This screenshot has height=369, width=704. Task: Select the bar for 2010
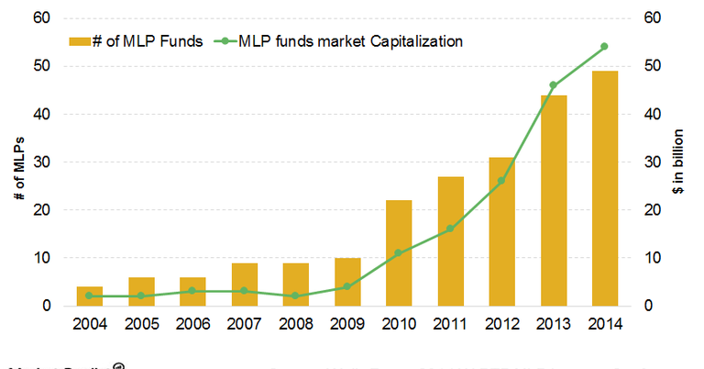click(x=399, y=252)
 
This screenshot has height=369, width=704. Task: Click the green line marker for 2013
click(x=553, y=85)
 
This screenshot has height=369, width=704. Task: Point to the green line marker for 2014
click(x=604, y=46)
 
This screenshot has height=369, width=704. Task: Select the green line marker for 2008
click(x=295, y=296)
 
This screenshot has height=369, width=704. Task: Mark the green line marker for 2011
click(x=450, y=229)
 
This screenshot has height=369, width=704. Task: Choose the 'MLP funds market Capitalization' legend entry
click(x=349, y=40)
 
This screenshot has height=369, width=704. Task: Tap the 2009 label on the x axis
click(x=346, y=324)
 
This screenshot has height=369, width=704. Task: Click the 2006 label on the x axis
click(x=192, y=324)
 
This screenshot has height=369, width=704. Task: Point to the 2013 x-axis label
click(x=553, y=324)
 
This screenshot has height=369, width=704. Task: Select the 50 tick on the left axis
click(x=43, y=66)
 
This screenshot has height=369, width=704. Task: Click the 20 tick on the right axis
click(x=652, y=209)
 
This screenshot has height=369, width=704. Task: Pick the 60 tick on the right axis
click(x=652, y=18)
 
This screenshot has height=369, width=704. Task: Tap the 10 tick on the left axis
click(x=43, y=257)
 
